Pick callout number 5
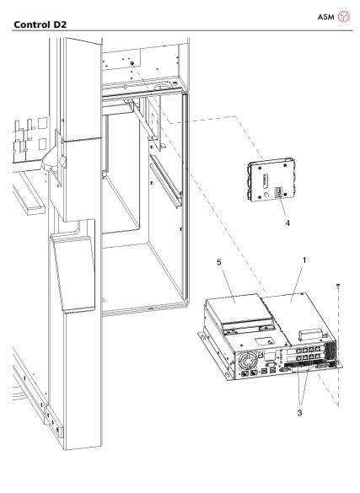click(x=221, y=262)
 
